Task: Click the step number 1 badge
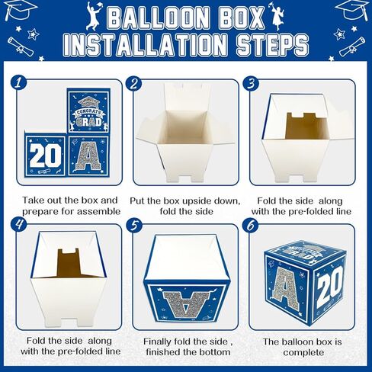pyautogui.click(x=20, y=82)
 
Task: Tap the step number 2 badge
pyautogui.click(x=134, y=84)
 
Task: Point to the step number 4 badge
pyautogui.click(x=21, y=225)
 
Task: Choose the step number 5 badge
pyautogui.click(x=134, y=225)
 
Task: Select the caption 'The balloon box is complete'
pyautogui.click(x=303, y=348)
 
